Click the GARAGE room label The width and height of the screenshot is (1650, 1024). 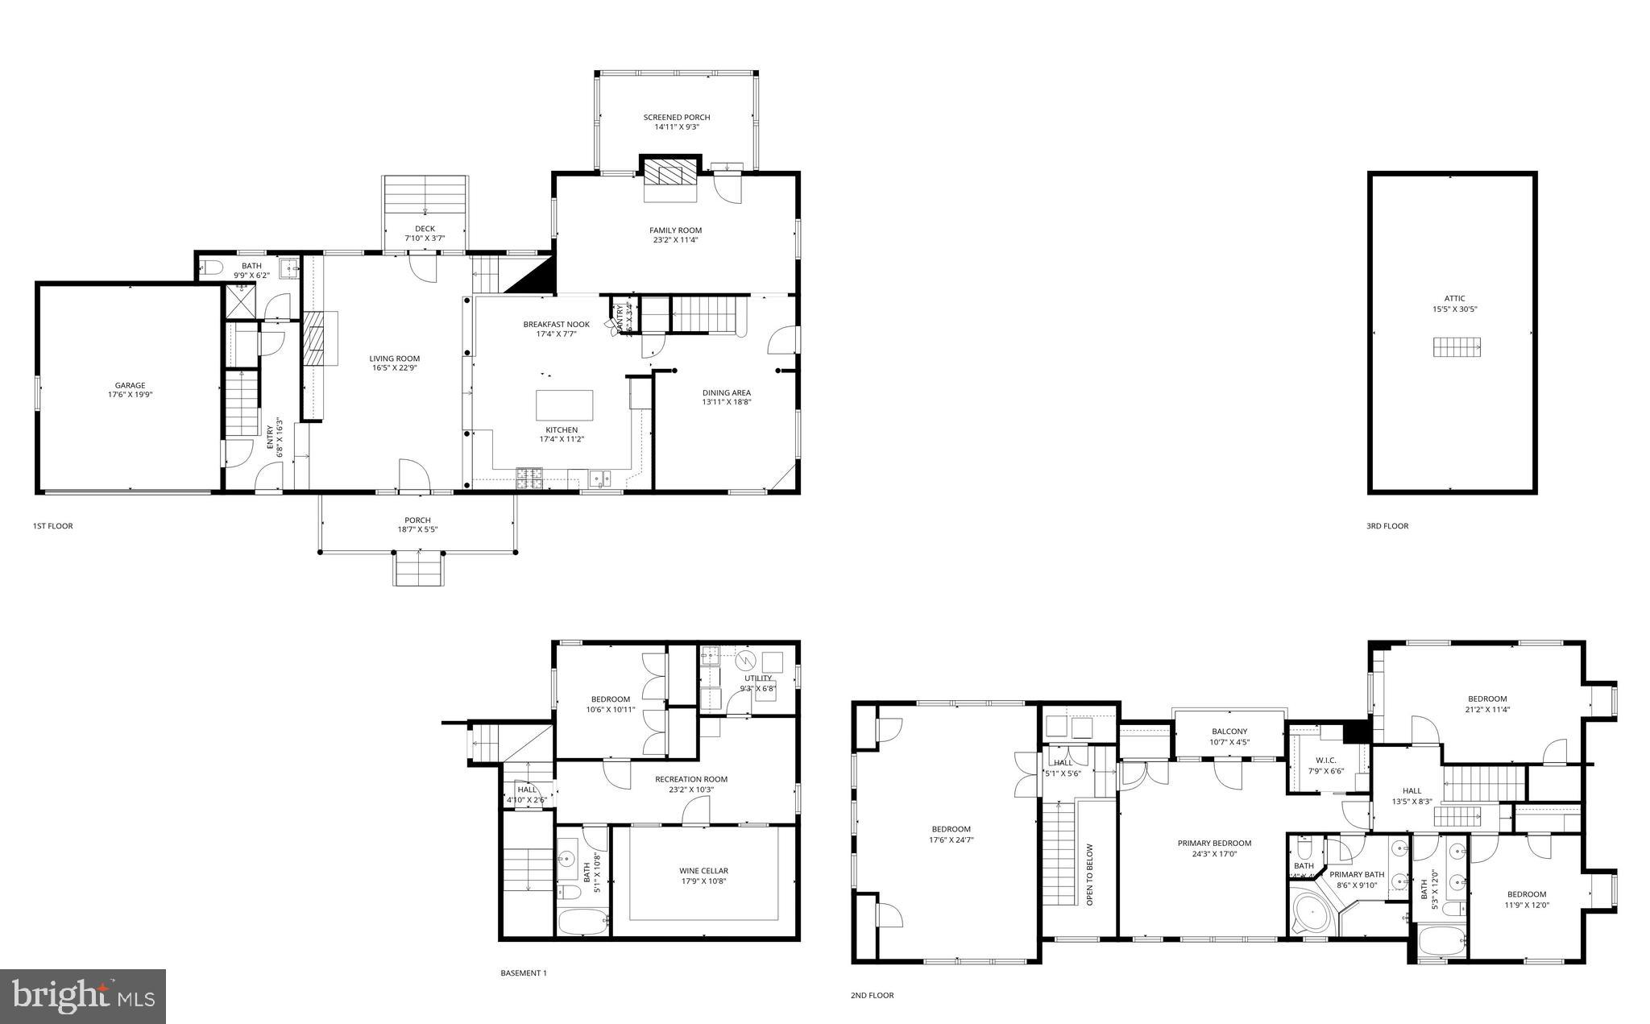(x=130, y=385)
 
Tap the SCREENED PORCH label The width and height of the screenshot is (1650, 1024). (x=676, y=118)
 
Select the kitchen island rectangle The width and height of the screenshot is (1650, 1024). (x=564, y=404)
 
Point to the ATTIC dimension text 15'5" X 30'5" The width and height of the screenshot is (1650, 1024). (x=1454, y=309)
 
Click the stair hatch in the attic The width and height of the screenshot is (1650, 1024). (x=1457, y=347)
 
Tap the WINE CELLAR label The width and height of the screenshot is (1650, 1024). (x=703, y=871)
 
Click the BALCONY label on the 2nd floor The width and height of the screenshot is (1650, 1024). (x=1229, y=732)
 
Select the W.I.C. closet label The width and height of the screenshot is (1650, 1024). (x=1325, y=761)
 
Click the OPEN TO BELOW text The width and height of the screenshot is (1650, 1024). (x=1089, y=875)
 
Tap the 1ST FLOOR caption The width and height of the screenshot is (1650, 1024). (x=52, y=526)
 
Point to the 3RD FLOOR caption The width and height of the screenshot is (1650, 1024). (x=1387, y=526)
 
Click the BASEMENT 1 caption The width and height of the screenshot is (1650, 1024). (x=523, y=973)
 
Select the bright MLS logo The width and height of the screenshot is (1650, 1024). (x=83, y=996)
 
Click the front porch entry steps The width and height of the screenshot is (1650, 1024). (x=418, y=569)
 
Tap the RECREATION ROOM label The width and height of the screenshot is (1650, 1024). (x=690, y=779)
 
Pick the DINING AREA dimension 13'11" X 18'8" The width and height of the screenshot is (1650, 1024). (x=726, y=402)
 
